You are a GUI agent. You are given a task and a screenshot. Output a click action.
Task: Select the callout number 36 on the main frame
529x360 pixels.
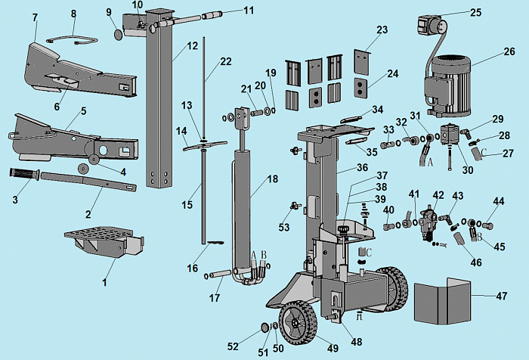(362, 168)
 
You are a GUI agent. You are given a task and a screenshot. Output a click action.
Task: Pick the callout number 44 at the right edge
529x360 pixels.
(498, 202)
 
